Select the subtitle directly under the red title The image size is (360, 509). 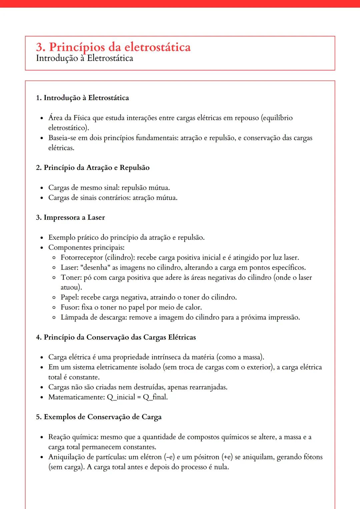click(x=84, y=58)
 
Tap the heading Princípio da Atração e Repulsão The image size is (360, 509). click(x=96, y=168)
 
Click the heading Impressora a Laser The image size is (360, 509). click(x=74, y=218)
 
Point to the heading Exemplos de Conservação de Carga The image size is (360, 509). click(x=102, y=417)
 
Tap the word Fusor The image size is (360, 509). click(x=70, y=307)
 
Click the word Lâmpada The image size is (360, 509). click(x=74, y=317)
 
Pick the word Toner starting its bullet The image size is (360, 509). click(x=71, y=277)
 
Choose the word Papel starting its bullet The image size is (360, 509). click(x=70, y=297)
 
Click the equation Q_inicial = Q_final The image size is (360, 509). click(x=137, y=397)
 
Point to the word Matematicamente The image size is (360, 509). click(x=76, y=397)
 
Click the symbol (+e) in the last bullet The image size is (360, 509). click(x=227, y=457)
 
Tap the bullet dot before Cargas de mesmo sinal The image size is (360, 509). click(x=42, y=188)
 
